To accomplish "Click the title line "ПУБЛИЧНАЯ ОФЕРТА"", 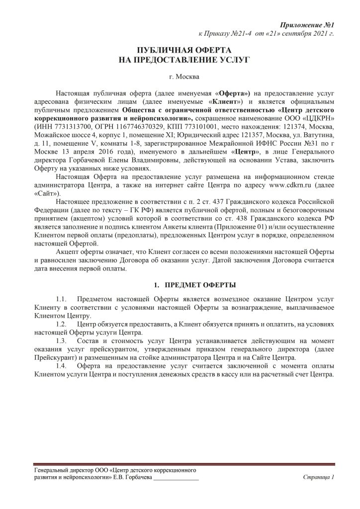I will coord(180,51).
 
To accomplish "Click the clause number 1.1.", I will coord(61,299).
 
